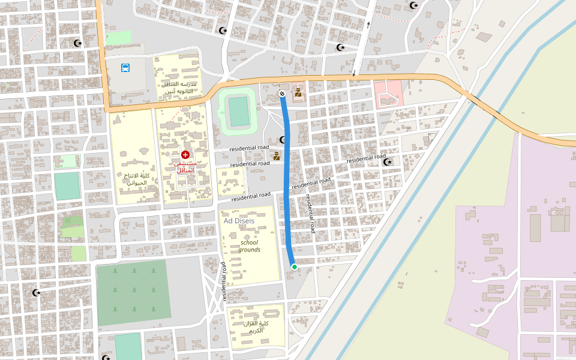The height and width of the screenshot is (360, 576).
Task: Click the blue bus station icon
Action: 125,68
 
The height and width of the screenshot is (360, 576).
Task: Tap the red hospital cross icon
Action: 185,155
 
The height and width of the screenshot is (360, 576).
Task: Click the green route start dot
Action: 294,267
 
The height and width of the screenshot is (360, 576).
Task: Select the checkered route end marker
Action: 282,93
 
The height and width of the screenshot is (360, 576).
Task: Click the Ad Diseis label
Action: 239,221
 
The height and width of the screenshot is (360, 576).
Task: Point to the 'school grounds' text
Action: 250,246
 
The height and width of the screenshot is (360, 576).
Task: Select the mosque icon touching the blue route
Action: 283,140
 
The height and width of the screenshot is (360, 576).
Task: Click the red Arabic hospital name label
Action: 185,167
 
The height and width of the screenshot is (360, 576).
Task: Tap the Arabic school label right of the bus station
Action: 179,88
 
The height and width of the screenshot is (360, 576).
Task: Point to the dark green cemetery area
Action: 133,292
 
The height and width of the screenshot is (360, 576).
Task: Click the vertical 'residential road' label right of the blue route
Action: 310,214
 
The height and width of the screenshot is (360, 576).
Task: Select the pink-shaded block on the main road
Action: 388,94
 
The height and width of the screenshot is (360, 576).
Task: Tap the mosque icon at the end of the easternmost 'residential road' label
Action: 388,161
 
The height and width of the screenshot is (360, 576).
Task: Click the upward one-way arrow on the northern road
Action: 368,25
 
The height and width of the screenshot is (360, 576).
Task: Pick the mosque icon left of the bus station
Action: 77,43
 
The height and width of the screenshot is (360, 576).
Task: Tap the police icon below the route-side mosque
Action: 276,156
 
